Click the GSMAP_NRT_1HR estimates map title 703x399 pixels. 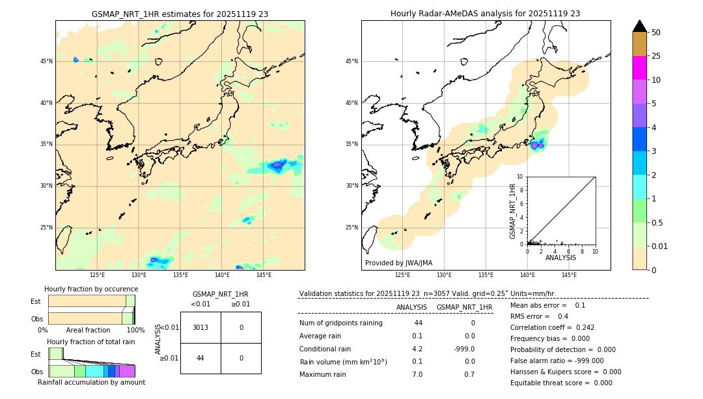click(x=180, y=14)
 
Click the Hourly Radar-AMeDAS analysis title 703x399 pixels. click(x=485, y=14)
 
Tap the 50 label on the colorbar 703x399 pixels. click(x=656, y=33)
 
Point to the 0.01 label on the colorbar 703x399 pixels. click(x=660, y=246)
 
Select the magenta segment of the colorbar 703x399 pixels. click(x=639, y=68)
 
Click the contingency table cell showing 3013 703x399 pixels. click(x=200, y=327)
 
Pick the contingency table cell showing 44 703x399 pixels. click(x=200, y=358)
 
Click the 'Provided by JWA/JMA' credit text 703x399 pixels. click(x=398, y=263)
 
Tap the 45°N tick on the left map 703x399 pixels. click(x=46, y=61)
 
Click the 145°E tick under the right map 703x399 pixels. click(x=569, y=275)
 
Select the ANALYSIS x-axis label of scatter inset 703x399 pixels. click(x=560, y=258)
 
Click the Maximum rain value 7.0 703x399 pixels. click(x=417, y=374)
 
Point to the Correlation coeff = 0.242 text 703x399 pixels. click(x=552, y=327)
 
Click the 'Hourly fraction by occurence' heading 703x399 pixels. click(x=91, y=289)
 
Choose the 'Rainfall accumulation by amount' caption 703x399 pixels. click(x=91, y=382)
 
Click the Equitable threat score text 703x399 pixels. click(x=561, y=383)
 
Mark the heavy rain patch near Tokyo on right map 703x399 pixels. click(x=536, y=145)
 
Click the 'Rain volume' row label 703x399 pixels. click(x=343, y=362)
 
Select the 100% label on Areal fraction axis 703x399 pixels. click(x=135, y=331)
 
